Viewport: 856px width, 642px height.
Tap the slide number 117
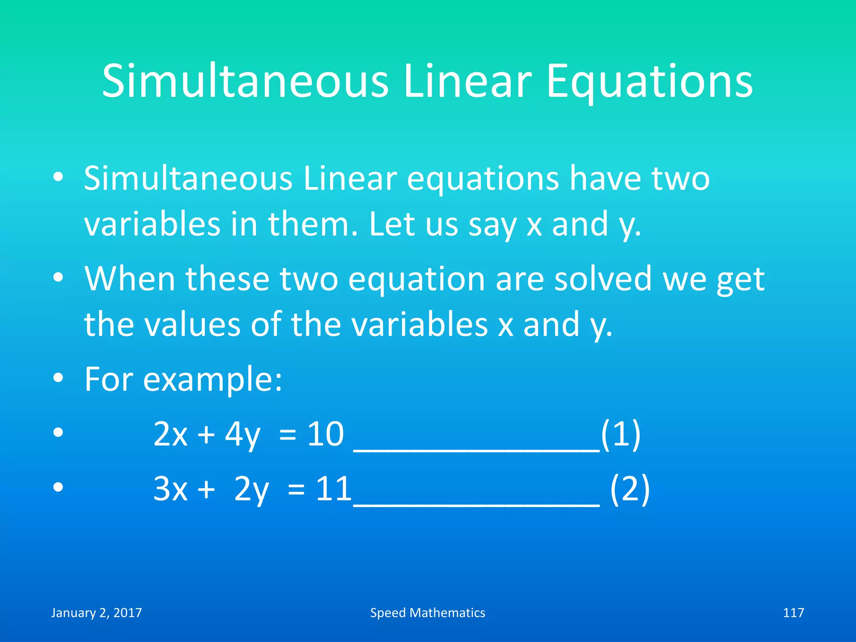tap(793, 613)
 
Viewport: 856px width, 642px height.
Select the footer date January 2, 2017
tap(97, 613)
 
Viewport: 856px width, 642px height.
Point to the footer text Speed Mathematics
tap(428, 613)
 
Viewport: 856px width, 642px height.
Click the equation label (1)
tap(621, 434)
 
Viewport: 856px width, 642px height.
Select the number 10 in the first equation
tap(326, 434)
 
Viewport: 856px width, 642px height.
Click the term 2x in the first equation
tap(171, 434)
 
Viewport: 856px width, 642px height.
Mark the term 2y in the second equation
tap(252, 489)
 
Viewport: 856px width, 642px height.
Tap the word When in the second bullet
tap(130, 278)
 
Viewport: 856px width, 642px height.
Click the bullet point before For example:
tap(58, 378)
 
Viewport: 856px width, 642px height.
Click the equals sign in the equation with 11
tap(296, 489)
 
